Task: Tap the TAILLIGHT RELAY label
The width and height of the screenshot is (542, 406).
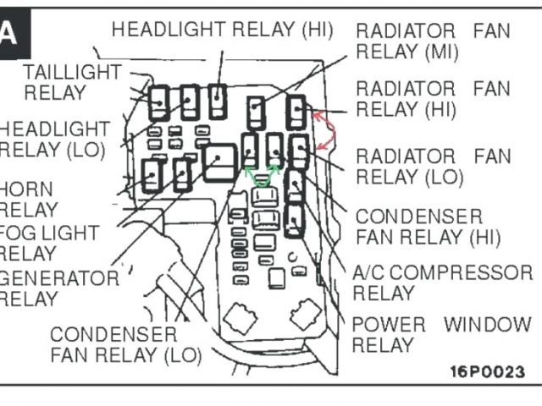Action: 72,82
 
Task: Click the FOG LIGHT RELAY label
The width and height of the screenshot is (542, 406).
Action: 47,242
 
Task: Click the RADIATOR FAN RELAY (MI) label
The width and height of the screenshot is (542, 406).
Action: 433,41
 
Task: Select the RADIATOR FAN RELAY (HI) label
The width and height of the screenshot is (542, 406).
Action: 433,99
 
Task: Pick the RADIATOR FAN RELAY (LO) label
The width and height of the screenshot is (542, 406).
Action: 433,166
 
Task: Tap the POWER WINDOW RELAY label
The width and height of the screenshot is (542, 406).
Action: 440,334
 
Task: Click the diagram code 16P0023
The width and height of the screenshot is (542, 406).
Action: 487,370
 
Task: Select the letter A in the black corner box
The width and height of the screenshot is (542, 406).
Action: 9,34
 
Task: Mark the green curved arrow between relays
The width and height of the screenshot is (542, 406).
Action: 263,175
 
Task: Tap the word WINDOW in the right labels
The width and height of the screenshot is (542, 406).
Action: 488,324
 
